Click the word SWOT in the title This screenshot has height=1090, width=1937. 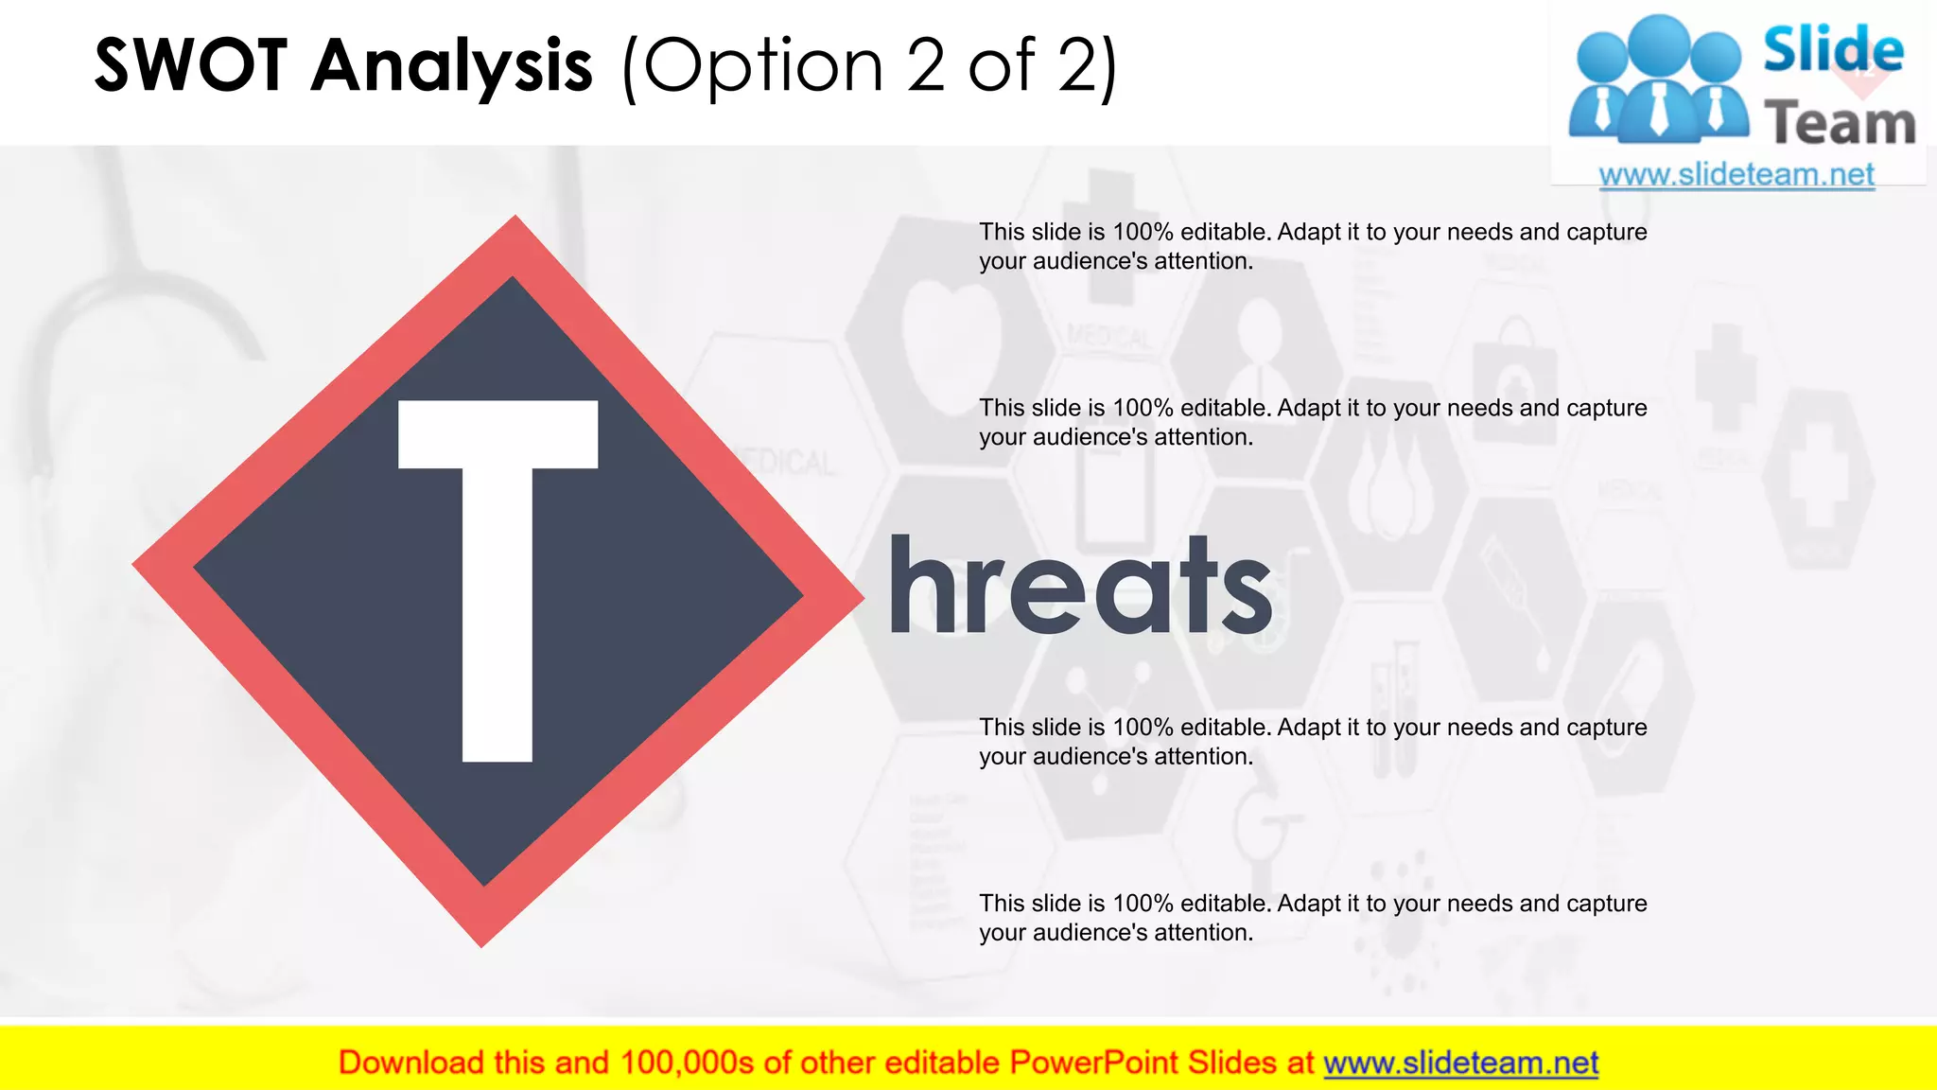pos(190,66)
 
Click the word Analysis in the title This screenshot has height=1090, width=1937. pos(452,66)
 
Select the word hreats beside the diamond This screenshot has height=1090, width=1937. pos(1080,587)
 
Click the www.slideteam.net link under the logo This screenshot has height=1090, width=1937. pos(1736,175)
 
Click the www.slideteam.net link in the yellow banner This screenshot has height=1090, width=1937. pos(1460,1064)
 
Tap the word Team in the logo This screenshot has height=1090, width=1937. pos(1840,124)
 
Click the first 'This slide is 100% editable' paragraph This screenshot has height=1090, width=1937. pos(1312,246)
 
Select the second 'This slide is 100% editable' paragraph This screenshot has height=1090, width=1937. pos(1312,422)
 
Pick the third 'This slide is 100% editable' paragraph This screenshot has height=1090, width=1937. pos(1312,741)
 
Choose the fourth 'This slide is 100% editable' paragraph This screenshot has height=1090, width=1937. pos(1312,917)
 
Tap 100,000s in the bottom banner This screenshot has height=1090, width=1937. pos(687,1064)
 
